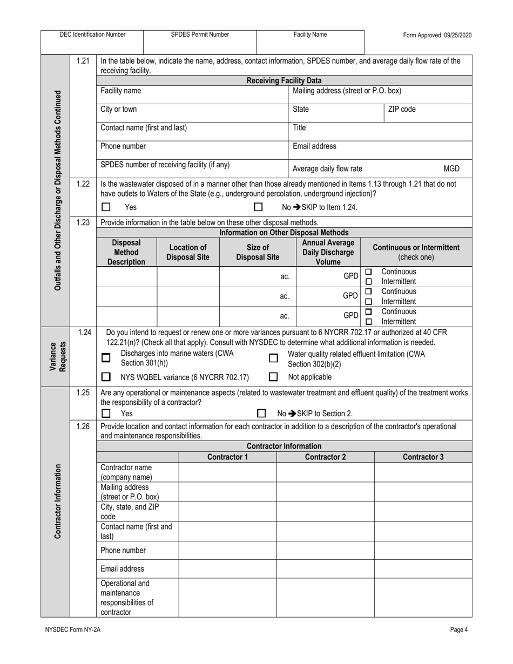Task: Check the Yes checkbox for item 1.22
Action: (106, 207)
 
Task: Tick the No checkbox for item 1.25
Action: (261, 414)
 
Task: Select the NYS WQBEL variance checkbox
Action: (106, 377)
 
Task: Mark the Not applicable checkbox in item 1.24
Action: (273, 377)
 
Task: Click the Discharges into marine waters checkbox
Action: (106, 358)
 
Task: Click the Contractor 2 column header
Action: (325, 457)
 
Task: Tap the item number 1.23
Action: (83, 222)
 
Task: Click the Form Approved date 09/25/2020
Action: (437, 35)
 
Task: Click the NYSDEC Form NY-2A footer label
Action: (73, 629)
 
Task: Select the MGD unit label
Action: (451, 168)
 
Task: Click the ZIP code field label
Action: (402, 109)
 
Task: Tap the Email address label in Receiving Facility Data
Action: (314, 146)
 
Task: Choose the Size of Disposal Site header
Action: (258, 252)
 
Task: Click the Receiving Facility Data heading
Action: (284, 80)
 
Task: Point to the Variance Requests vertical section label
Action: (55, 356)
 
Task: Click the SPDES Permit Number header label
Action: (200, 35)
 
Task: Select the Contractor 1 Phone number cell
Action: (227, 550)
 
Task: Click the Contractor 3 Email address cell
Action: (423, 568)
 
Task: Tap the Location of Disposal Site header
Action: (188, 252)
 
